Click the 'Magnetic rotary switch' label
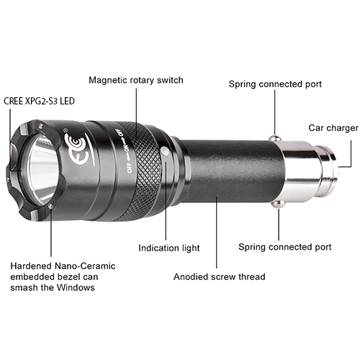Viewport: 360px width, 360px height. click(136, 80)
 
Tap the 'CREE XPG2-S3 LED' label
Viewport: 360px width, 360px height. click(39, 101)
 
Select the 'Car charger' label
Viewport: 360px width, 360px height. click(333, 128)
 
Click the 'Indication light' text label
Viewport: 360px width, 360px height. click(169, 248)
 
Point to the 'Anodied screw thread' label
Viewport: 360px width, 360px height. click(220, 276)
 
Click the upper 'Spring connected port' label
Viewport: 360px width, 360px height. click(275, 84)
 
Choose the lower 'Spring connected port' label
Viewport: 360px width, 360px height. click(285, 247)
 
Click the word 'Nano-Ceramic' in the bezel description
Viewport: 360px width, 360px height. click(85, 266)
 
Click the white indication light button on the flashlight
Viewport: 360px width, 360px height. click(165, 152)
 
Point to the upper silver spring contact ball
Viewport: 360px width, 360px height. click(274, 138)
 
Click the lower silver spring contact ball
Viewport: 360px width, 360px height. click(278, 204)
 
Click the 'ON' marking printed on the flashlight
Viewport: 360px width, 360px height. click(126, 148)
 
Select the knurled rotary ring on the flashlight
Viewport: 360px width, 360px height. click(142, 171)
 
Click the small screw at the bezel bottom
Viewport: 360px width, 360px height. click(50, 206)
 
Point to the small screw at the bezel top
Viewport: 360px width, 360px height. click(42, 125)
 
